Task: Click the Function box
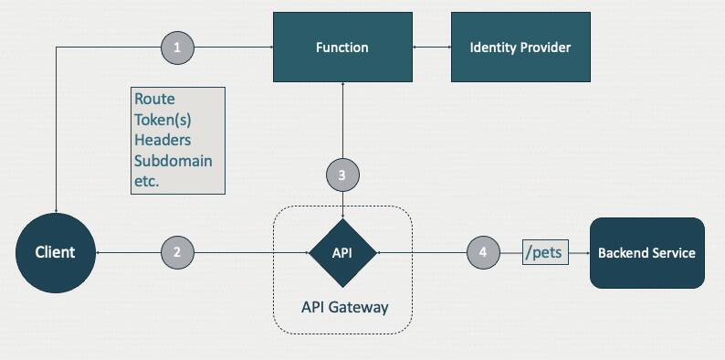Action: pos(342,47)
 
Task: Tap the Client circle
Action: pos(56,251)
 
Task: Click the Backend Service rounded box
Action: pos(646,252)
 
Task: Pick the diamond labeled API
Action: pos(342,251)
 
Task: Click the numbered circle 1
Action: pos(177,47)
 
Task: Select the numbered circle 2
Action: pos(177,251)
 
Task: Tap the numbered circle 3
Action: pos(342,175)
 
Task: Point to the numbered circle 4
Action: pos(483,251)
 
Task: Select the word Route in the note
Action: pos(153,99)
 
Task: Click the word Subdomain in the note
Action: pos(173,161)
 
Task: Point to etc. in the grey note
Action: pos(147,181)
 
